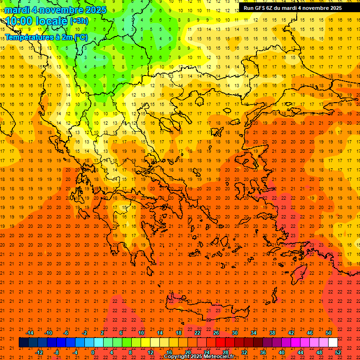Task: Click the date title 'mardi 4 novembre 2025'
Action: click(55, 10)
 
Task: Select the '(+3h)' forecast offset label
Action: click(78, 21)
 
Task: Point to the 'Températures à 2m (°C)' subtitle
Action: click(46, 37)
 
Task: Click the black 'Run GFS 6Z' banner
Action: click(292, 7)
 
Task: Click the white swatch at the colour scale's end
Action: click(333, 343)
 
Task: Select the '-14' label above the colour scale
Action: click(30, 333)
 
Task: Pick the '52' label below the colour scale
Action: click(338, 352)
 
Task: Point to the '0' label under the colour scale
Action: click(93, 352)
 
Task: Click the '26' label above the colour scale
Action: click(216, 333)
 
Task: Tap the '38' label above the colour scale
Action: click(272, 333)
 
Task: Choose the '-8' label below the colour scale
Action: click(57, 352)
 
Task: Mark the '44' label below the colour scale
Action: click(300, 352)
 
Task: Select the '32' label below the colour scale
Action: click(244, 352)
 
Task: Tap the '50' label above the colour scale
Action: click(328, 333)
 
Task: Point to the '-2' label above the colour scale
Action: click(85, 333)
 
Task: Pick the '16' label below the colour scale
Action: click(169, 352)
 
